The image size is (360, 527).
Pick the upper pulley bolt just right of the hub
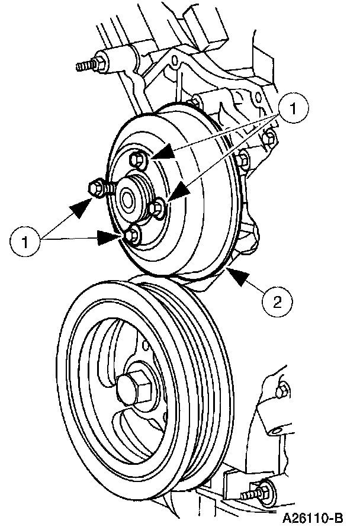point(157,208)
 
